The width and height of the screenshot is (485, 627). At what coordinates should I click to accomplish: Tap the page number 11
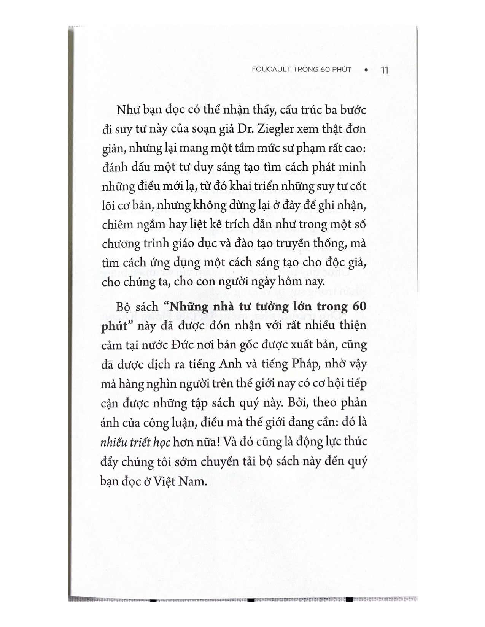[384, 70]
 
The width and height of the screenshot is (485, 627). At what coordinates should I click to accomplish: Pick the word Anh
[231, 364]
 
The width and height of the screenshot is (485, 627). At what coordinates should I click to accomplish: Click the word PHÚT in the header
[342, 70]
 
